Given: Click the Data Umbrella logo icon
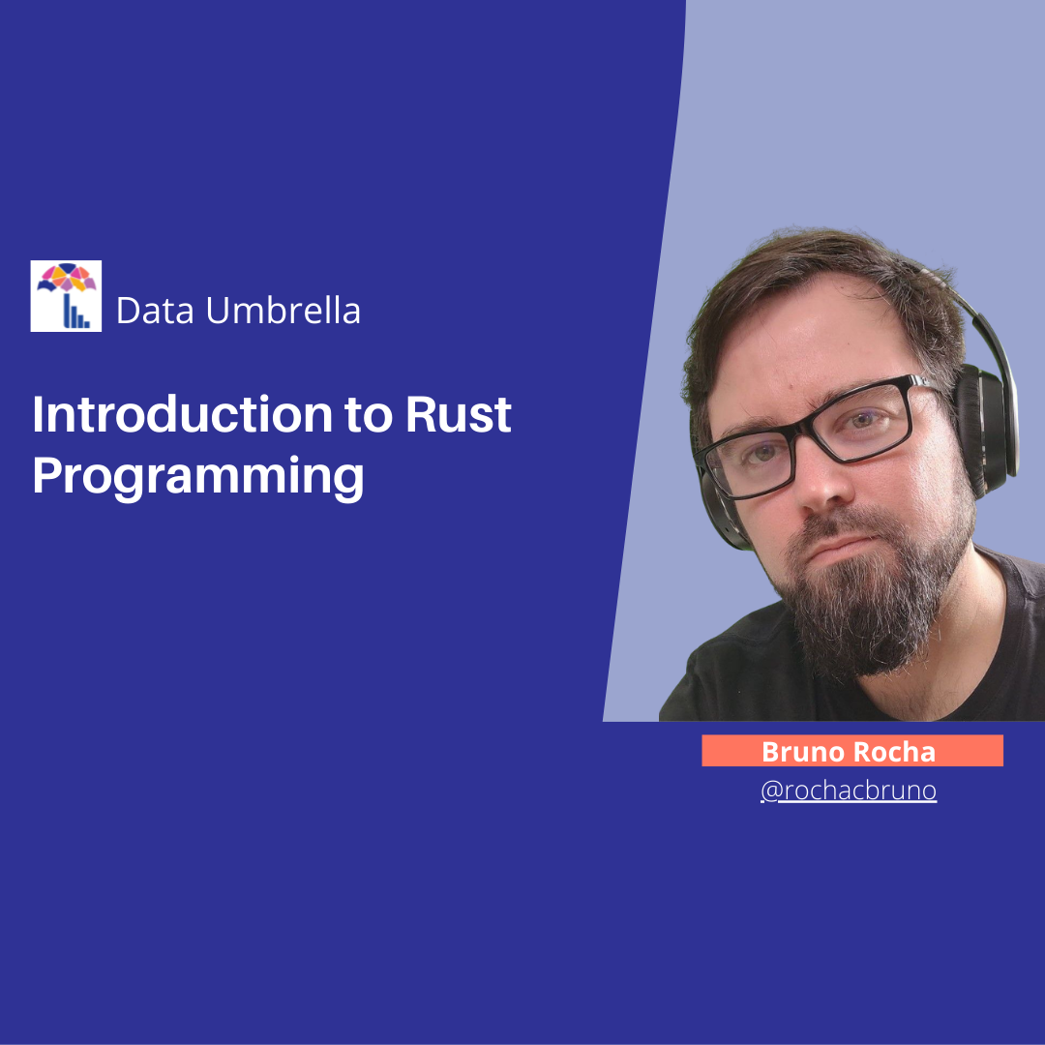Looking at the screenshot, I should [66, 296].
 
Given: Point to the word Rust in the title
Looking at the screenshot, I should [458, 415].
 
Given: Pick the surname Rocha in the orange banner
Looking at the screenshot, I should [893, 752].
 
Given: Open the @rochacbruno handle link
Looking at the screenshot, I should [849, 791].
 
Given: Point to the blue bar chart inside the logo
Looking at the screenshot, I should [75, 313].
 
